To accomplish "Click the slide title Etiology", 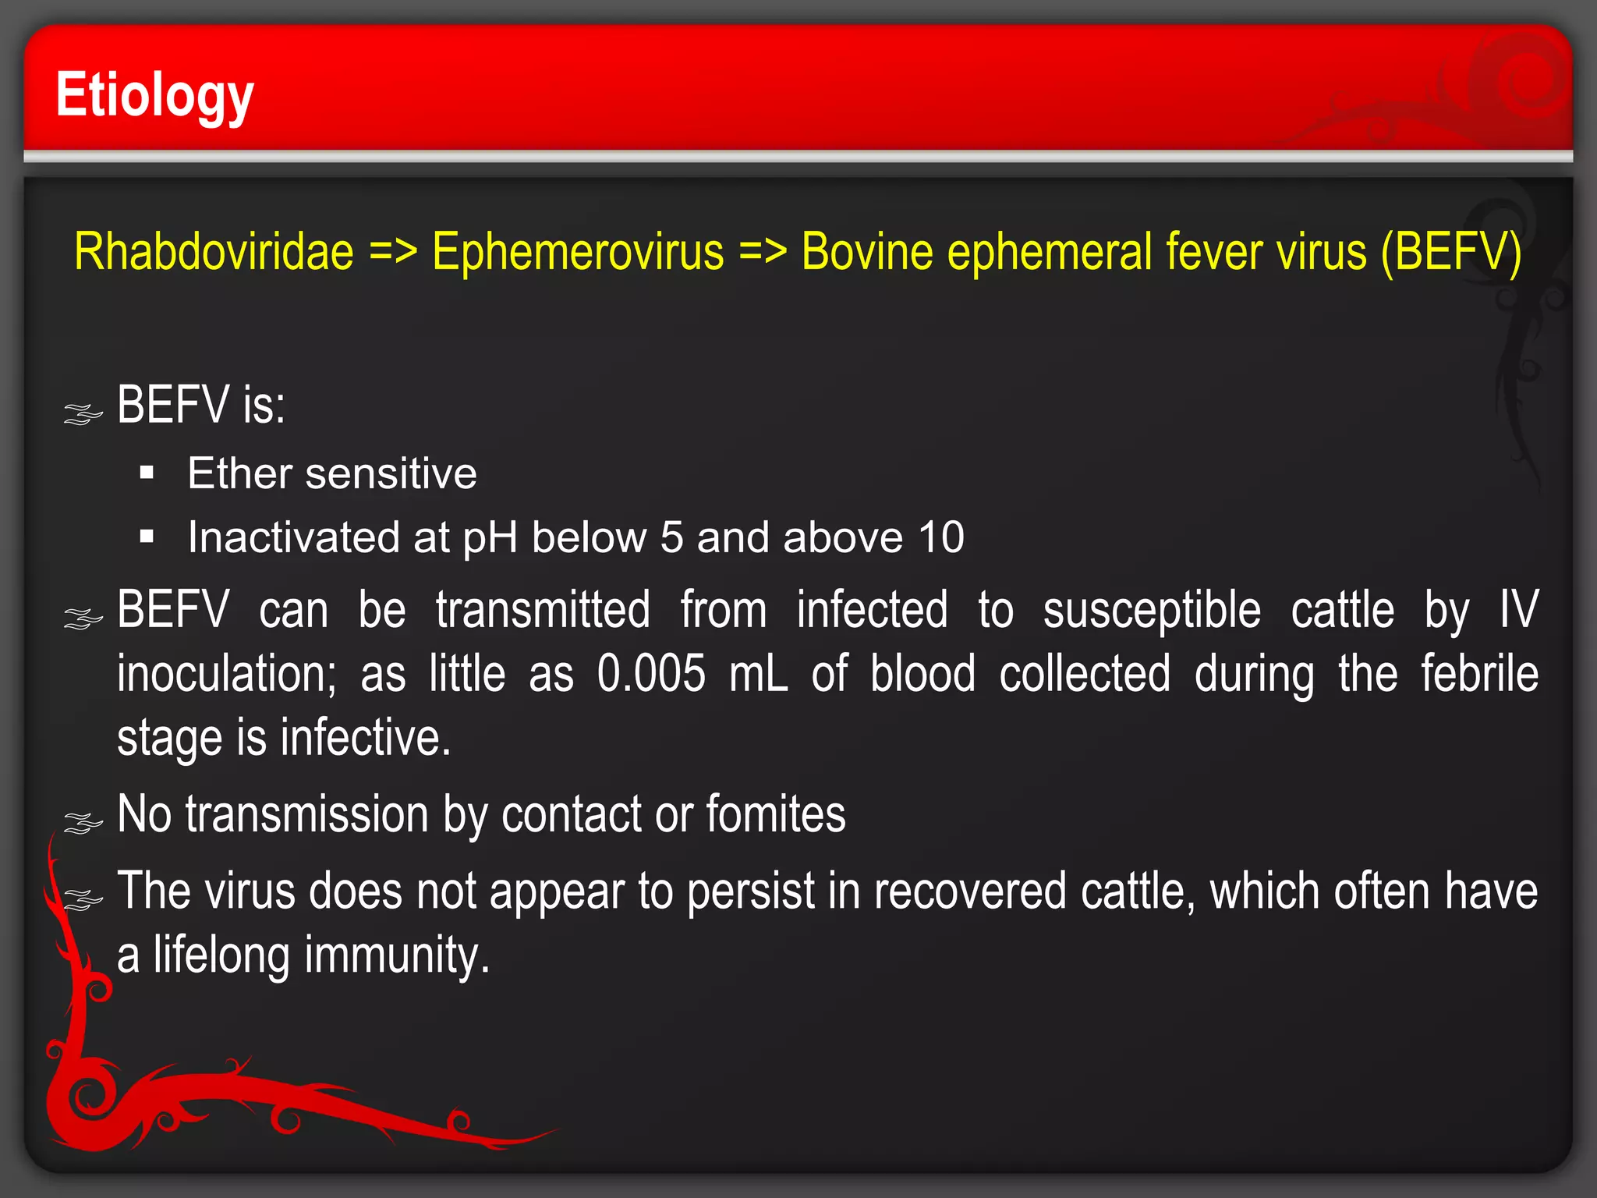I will tap(154, 95).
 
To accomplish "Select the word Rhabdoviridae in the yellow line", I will tap(214, 252).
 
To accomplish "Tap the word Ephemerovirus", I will tap(578, 252).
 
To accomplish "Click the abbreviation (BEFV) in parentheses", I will tap(1450, 252).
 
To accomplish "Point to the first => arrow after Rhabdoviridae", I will tap(393, 252).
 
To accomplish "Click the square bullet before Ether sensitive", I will tap(147, 473).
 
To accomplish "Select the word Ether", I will tap(239, 473).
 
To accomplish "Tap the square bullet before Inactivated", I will tap(147, 537).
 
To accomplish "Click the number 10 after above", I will tap(940, 537).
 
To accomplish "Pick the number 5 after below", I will tap(671, 537).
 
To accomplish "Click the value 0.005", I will tap(651, 674).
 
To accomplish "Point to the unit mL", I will tap(758, 674).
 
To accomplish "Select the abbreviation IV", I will tap(1518, 610).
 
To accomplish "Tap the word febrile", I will tap(1479, 674).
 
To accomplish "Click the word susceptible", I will tap(1152, 610).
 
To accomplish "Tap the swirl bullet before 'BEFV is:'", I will tap(83, 413).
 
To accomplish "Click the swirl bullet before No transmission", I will tap(83, 822).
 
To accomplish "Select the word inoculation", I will tap(226, 674).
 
